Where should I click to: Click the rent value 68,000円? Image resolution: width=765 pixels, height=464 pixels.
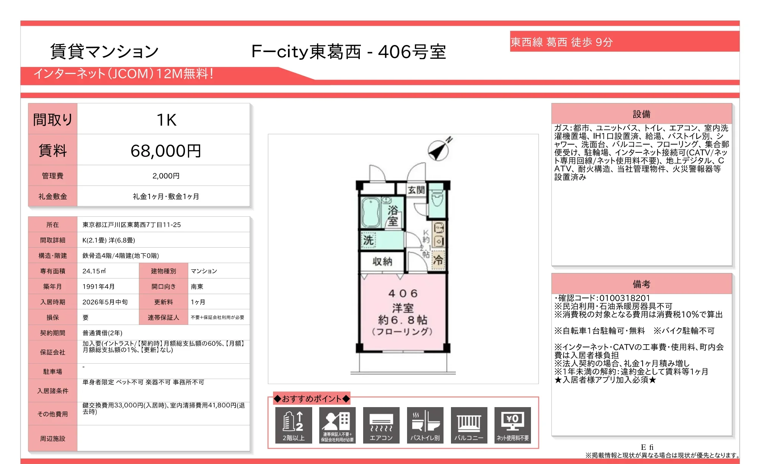(166, 151)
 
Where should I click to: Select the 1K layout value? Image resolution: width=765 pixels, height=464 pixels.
(166, 120)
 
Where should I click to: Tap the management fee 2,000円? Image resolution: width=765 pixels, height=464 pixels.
(166, 176)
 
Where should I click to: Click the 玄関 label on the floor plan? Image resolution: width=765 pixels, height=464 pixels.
(416, 190)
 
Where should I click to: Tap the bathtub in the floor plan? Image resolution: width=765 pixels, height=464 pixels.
(371, 212)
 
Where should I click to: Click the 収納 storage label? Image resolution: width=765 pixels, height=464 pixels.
(382, 262)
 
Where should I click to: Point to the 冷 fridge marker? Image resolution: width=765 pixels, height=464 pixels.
(438, 260)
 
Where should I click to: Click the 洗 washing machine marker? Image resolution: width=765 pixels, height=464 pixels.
(368, 240)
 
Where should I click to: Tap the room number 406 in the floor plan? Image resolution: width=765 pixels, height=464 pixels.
(403, 293)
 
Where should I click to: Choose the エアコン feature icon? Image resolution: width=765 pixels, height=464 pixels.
(381, 425)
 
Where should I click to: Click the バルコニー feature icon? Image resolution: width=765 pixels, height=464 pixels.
(469, 425)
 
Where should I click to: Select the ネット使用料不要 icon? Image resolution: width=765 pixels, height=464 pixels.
(512, 425)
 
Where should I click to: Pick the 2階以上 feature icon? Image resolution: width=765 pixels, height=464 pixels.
(294, 425)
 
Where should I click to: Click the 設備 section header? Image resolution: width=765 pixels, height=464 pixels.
(641, 114)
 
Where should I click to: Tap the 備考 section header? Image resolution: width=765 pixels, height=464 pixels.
(641, 284)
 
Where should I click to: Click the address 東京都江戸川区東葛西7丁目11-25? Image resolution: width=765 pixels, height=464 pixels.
(131, 225)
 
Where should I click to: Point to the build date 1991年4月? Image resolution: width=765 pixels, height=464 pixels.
(98, 287)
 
